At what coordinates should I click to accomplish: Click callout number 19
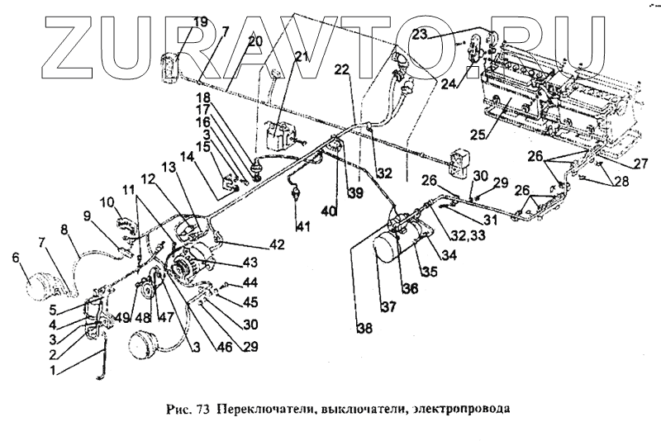click(202, 21)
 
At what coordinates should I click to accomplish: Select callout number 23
click(421, 34)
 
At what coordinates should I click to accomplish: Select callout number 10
click(107, 203)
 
